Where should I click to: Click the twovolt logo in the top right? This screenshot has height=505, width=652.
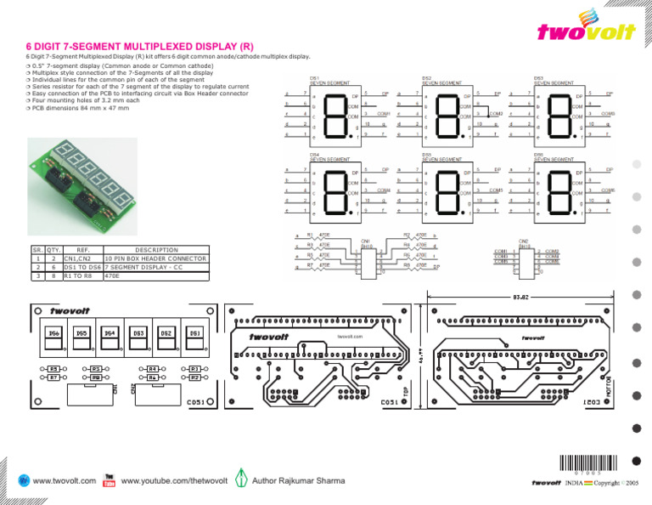[x=586, y=27]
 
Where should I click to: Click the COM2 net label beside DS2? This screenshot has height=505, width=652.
[x=497, y=113]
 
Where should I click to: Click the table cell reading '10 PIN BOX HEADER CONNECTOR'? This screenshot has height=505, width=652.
[x=154, y=258]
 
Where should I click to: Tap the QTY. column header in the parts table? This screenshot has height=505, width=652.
[x=53, y=249]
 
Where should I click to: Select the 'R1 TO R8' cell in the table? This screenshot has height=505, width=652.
[x=81, y=276]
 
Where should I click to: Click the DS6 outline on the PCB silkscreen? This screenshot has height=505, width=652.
[x=53, y=333]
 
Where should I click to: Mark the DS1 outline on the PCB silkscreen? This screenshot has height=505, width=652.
[x=194, y=333]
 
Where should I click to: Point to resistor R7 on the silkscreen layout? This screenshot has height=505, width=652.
[x=53, y=376]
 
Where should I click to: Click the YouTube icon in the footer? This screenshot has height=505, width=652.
[x=109, y=481]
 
